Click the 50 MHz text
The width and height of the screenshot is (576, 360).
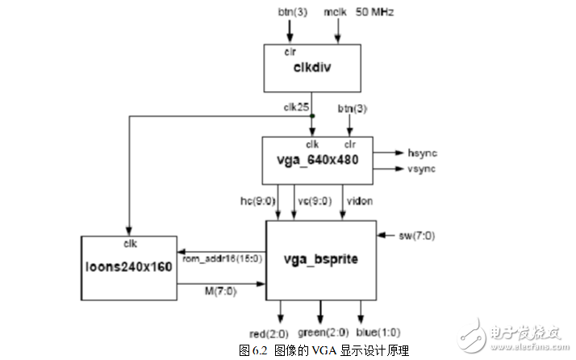coord(378,13)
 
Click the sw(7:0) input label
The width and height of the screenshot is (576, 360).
coord(416,236)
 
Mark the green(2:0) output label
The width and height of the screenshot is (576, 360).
coord(323,333)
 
